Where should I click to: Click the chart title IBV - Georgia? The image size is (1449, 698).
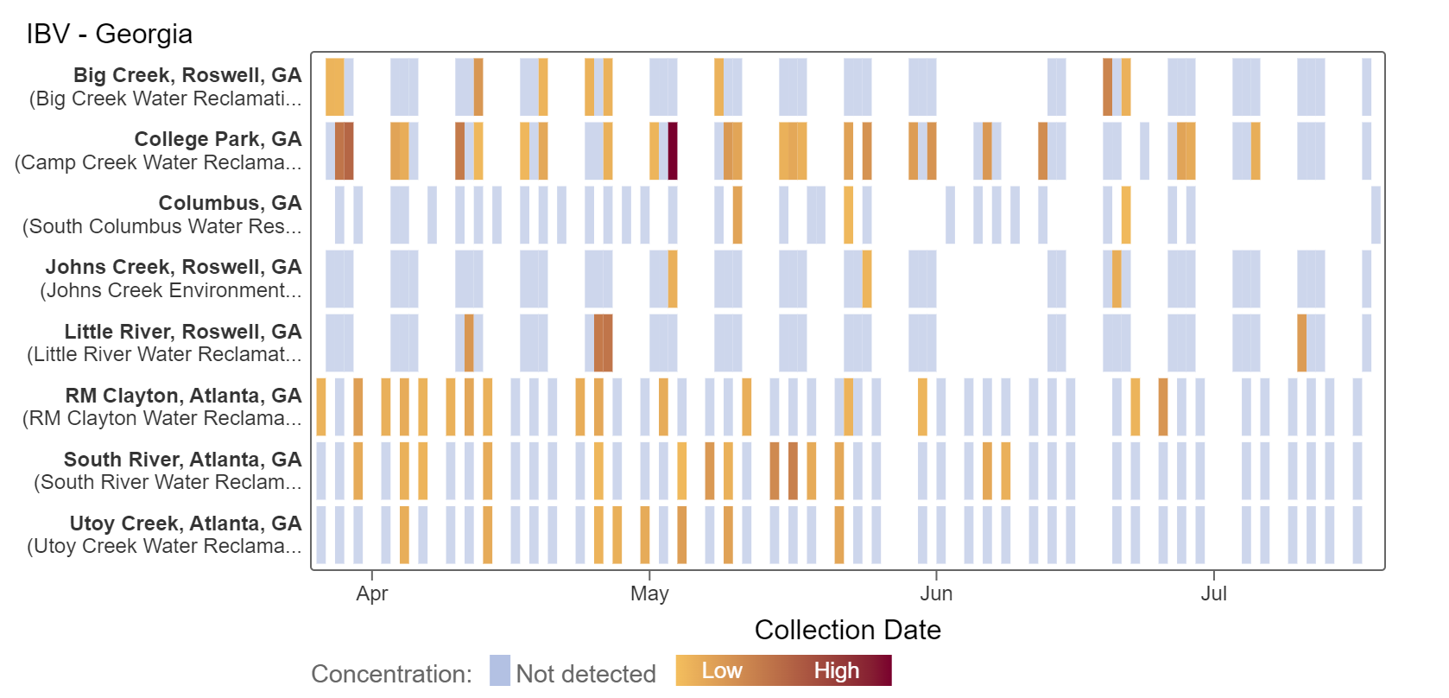point(110,34)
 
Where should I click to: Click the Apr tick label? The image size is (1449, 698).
point(372,593)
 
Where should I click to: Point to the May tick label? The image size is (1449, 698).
point(649,593)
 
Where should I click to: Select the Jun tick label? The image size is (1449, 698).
point(936,593)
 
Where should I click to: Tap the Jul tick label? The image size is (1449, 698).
point(1213,593)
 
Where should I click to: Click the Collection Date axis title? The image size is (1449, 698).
point(847,630)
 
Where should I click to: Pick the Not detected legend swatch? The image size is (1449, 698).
point(500,671)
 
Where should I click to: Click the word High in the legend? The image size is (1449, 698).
point(836,670)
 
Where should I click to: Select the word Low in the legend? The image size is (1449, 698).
point(721,670)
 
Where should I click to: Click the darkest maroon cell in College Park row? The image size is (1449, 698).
point(673,151)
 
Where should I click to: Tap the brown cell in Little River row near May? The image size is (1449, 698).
point(603,343)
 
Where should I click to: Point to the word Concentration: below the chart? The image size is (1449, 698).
point(391,674)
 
